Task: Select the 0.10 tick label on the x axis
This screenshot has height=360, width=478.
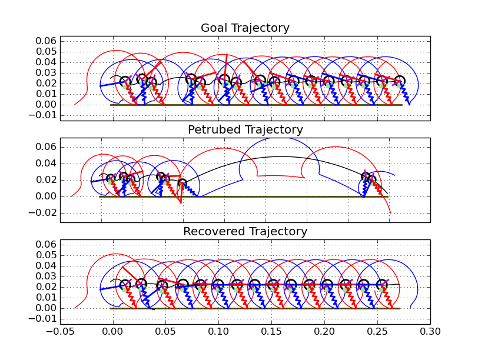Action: pos(218,331)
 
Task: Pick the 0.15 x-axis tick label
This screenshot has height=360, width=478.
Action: pos(271,331)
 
